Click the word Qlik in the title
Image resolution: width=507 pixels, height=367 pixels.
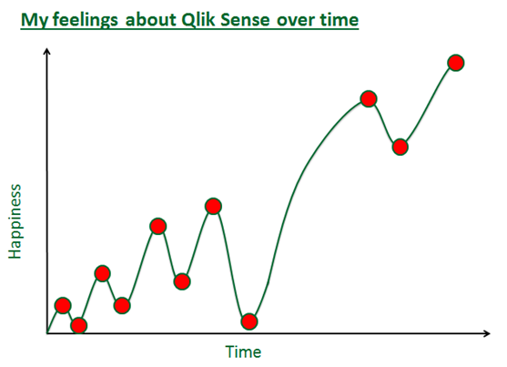[198, 20]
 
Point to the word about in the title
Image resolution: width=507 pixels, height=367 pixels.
[150, 20]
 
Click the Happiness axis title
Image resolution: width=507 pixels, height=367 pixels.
[15, 221]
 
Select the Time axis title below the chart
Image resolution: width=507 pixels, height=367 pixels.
[243, 352]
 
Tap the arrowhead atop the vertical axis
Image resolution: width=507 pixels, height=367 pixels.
[47, 51]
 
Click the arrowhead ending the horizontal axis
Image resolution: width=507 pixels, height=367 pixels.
[487, 333]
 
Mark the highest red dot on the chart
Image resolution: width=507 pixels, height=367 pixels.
[456, 63]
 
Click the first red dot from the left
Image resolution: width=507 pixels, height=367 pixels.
[63, 305]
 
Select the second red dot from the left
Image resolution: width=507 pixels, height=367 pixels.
[79, 325]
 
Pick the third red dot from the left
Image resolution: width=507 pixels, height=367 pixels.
[103, 274]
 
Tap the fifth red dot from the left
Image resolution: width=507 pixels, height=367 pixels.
[158, 226]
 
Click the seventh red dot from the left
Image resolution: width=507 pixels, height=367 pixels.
[213, 206]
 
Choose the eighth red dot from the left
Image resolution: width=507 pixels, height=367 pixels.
[249, 321]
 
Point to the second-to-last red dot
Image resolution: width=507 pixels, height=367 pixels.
[401, 148]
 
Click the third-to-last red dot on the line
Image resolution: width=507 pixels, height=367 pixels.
[369, 98]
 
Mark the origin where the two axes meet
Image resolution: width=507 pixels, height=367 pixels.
[47, 333]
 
